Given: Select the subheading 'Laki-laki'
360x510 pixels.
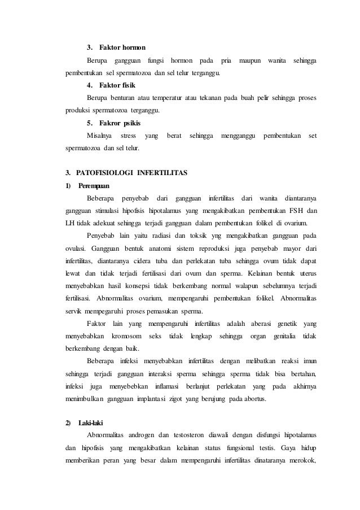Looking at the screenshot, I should click(91, 422).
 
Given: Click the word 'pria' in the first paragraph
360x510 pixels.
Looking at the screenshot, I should click(226, 60).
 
